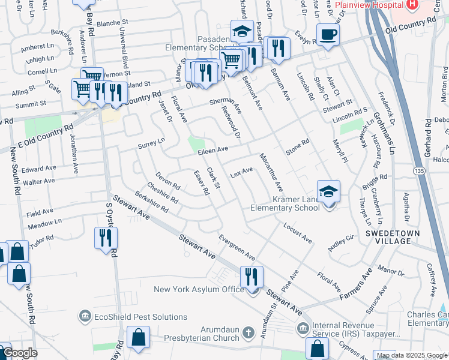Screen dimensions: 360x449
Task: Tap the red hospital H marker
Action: [412, 5]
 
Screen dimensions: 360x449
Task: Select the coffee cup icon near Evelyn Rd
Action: [328, 34]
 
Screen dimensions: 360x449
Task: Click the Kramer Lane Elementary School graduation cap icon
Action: [328, 191]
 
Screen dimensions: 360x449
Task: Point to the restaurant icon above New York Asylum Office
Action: [250, 277]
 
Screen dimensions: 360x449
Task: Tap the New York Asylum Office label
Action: [199, 290]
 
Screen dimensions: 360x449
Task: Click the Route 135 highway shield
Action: [417, 172]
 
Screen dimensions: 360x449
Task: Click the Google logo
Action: [20, 353]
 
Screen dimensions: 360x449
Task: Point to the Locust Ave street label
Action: [297, 235]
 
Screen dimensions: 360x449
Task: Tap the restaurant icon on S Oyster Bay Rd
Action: [105, 238]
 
